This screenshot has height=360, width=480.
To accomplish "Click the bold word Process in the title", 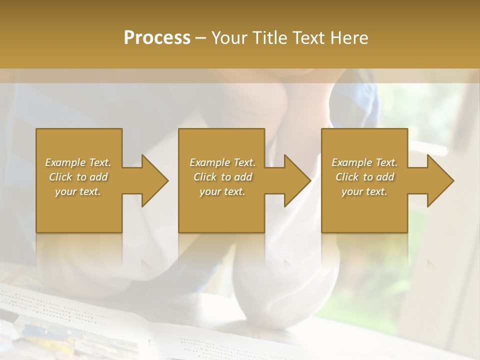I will pyautogui.click(x=157, y=38).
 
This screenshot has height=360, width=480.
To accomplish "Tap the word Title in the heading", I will pyautogui.click(x=269, y=38).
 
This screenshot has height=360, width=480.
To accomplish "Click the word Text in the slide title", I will pyautogui.click(x=309, y=38).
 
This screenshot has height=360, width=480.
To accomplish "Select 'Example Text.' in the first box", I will pyautogui.click(x=78, y=162).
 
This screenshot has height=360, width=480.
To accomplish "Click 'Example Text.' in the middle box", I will pyautogui.click(x=222, y=162).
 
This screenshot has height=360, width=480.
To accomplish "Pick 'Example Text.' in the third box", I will pyautogui.click(x=364, y=162).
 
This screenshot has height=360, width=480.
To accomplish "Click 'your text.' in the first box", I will pyautogui.click(x=78, y=191).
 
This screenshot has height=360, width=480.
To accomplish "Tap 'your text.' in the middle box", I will pyautogui.click(x=222, y=191).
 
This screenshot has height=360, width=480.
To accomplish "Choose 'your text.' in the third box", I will pyautogui.click(x=364, y=191).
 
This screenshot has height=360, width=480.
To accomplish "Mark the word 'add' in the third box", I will pyautogui.click(x=385, y=177).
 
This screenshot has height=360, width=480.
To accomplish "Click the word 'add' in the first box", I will pyautogui.click(x=98, y=177).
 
